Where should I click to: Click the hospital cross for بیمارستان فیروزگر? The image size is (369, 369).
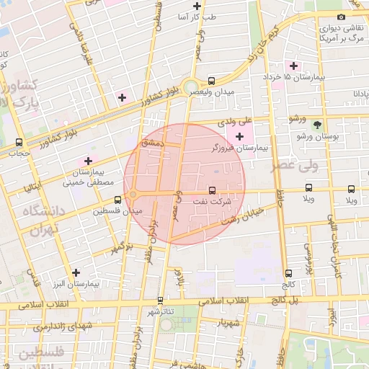tap(239, 136)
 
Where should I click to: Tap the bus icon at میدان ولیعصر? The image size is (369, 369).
tap(211, 81)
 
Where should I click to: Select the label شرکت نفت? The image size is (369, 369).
tap(212, 203)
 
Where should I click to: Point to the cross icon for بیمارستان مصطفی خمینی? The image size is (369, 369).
tap(89, 161)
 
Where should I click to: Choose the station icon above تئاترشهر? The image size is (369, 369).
tap(160, 301)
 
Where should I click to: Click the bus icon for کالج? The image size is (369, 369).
tap(288, 273)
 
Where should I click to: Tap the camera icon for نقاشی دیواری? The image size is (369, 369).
tap(341, 17)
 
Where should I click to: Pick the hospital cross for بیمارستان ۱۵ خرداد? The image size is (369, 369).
tap(293, 66)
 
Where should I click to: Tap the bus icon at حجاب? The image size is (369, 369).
tap(19, 142)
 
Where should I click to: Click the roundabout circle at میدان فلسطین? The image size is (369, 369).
tap(133, 194)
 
